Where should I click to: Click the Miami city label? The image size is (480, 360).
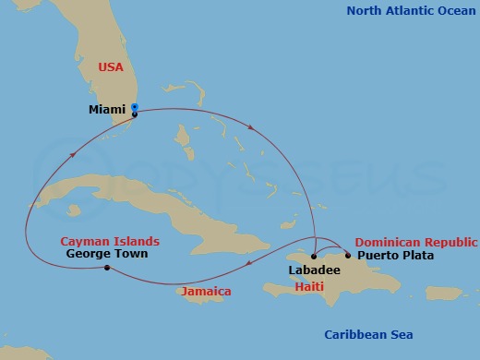pos(106,110)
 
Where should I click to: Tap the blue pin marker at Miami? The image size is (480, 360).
pos(135,108)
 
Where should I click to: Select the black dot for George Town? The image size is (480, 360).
pos(107,268)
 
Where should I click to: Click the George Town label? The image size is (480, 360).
pos(107,253)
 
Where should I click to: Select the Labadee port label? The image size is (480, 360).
pos(314,270)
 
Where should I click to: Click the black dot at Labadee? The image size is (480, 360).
pos(314,256)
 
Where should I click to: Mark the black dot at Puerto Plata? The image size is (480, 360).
pos(348,255)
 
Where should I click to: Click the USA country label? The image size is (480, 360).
pos(111,67)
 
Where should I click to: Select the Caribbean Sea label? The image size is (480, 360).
pos(369,334)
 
